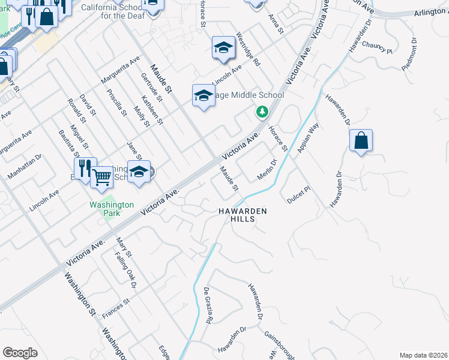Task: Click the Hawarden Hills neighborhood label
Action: [241, 215]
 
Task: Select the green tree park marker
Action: [262, 112]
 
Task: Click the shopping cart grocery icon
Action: [102, 176]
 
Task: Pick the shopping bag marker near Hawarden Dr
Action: [361, 142]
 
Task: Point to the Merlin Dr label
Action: [266, 169]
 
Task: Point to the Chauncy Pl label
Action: [377, 48]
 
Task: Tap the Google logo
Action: [20, 353]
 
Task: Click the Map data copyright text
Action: [423, 355]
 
